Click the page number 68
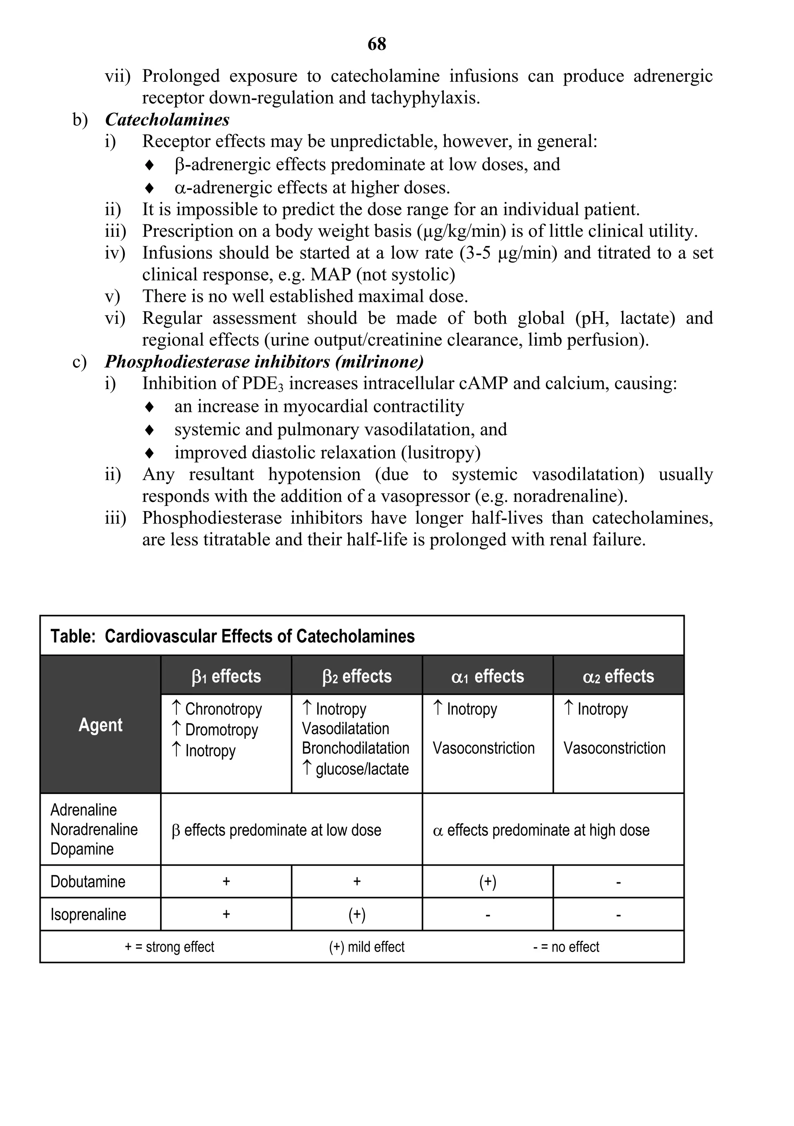pyautogui.click(x=376, y=44)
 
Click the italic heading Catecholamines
pyautogui.click(x=167, y=120)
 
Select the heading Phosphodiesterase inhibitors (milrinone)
pyautogui.click(x=264, y=362)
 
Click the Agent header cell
pyautogui.click(x=100, y=725)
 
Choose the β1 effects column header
pyautogui.click(x=226, y=676)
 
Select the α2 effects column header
pyautogui.click(x=618, y=676)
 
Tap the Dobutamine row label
pyautogui.click(x=88, y=881)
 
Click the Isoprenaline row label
pyautogui.click(x=88, y=914)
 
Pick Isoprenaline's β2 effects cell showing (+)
pyautogui.click(x=357, y=914)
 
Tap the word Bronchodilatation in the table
pyautogui.click(x=355, y=748)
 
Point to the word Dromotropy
pyautogui.click(x=221, y=730)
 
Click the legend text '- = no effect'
pyautogui.click(x=566, y=947)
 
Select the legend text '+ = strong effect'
pyautogui.click(x=169, y=947)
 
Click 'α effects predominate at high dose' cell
pyautogui.click(x=541, y=830)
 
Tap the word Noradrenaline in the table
pyautogui.click(x=94, y=829)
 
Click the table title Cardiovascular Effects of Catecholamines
pyautogui.click(x=260, y=636)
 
